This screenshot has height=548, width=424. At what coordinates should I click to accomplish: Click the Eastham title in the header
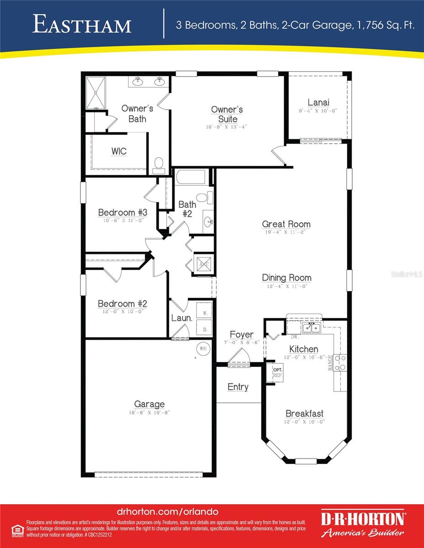coord(82,25)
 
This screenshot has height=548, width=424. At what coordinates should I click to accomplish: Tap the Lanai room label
coord(318,102)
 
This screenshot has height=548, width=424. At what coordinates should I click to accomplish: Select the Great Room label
coord(286,224)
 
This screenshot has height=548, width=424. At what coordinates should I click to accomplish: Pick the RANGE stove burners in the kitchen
coord(340,363)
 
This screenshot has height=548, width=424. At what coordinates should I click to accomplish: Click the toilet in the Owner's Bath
coord(159,165)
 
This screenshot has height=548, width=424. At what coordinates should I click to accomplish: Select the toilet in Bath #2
coord(209,197)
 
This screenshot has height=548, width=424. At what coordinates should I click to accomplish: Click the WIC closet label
coord(119,151)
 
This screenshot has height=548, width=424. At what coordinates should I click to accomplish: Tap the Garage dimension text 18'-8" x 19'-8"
coord(149,413)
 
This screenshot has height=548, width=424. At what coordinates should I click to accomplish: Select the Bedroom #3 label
coord(123,212)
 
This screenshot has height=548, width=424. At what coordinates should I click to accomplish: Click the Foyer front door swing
coord(239,356)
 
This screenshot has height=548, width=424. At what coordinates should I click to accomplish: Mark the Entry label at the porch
coord(238,387)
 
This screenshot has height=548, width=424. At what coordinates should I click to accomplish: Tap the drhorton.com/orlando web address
coord(167,512)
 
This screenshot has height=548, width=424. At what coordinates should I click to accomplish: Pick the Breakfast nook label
coord(304,413)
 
